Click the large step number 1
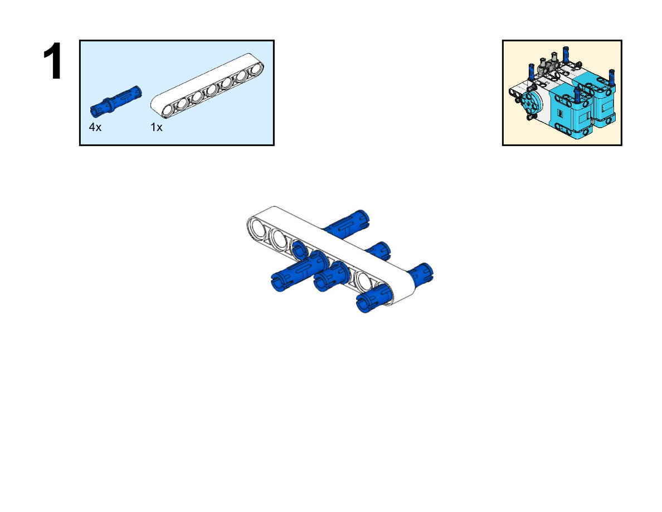pyautogui.click(x=53, y=61)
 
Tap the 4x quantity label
pyautogui.click(x=95, y=127)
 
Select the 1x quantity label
pyautogui.click(x=156, y=127)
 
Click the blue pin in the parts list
pyautogui.click(x=116, y=102)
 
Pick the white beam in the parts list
pyautogui.click(x=207, y=86)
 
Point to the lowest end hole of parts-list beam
pyautogui.click(x=168, y=110)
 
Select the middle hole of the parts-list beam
pyautogui.click(x=212, y=90)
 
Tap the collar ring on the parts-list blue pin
pyautogui.click(x=109, y=104)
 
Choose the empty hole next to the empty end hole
pyautogui.click(x=279, y=238)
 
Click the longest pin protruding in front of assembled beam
pyautogui.click(x=299, y=272)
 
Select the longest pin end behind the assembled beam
pyautogui.click(x=346, y=224)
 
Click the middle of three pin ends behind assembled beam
pyautogui.click(x=378, y=250)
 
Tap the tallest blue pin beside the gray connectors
pyautogui.click(x=566, y=55)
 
